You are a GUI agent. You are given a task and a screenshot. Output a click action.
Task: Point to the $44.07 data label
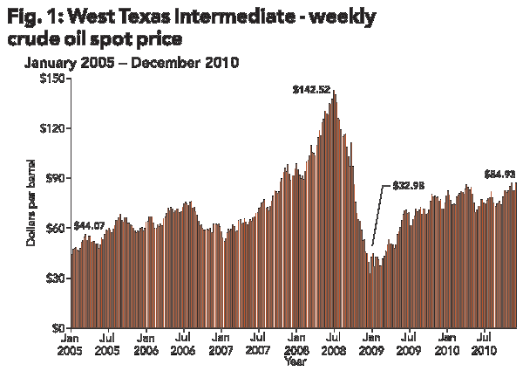(x=91, y=226)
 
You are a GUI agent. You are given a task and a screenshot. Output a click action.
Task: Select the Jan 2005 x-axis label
(x=71, y=342)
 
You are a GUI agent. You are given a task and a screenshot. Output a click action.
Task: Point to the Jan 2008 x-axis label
(x=296, y=342)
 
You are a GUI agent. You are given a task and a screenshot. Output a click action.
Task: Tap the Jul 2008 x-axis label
(x=334, y=342)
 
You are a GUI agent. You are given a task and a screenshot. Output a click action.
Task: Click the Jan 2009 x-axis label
(x=371, y=342)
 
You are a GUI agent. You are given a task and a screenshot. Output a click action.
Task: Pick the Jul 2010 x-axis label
(x=484, y=342)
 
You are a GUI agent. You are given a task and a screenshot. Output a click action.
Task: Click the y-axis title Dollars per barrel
(x=31, y=203)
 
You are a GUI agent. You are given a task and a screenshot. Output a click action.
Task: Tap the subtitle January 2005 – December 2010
(x=132, y=63)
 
